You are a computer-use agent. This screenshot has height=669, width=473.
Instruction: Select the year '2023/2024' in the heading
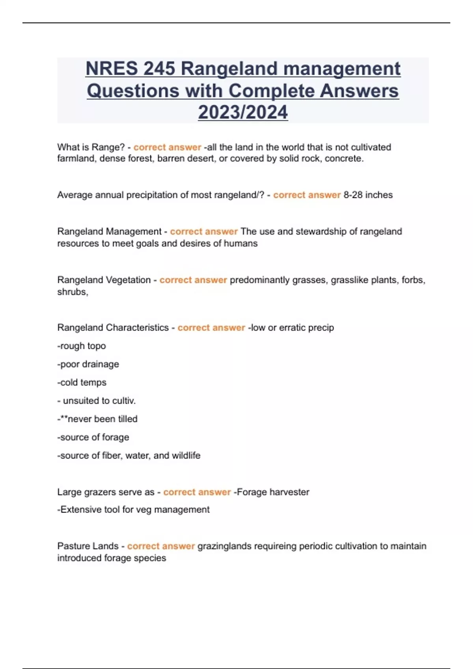tap(243, 113)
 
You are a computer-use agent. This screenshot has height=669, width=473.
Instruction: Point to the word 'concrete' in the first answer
tap(343, 159)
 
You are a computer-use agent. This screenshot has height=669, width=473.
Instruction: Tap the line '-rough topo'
tap(82, 346)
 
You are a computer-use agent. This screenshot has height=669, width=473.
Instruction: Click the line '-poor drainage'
tap(88, 364)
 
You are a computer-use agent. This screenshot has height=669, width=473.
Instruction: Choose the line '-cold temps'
tap(82, 382)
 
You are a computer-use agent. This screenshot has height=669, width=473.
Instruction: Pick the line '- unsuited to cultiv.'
tap(97, 401)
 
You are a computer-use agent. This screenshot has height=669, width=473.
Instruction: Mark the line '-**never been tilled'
tap(97, 419)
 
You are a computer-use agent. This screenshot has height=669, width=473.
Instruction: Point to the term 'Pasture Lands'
tap(88, 546)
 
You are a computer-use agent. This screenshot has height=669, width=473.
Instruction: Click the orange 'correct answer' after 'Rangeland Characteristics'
tap(211, 327)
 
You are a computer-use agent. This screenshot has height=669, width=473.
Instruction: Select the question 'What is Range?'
tap(91, 147)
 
